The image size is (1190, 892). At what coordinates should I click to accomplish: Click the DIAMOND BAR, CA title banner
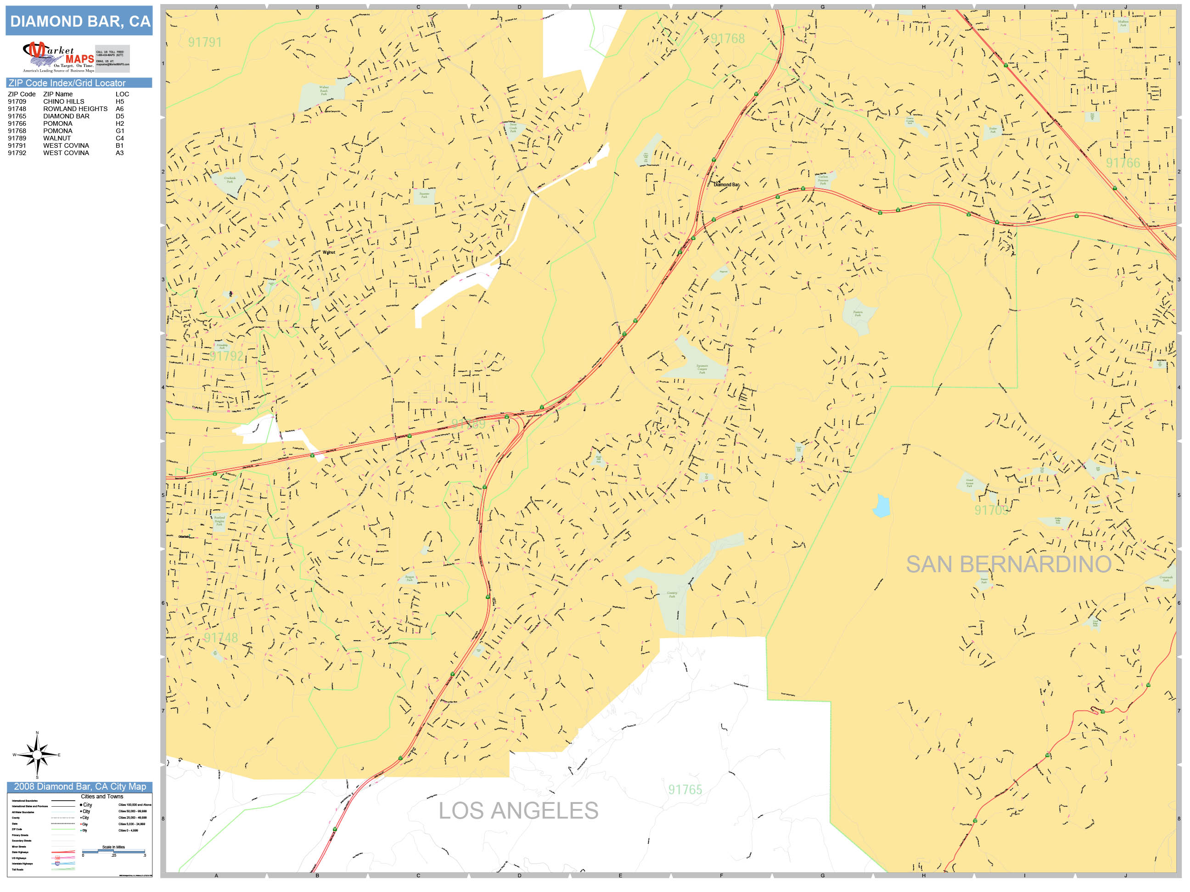pyautogui.click(x=79, y=21)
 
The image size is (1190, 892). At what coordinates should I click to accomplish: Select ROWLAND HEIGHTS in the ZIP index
pyautogui.click(x=75, y=109)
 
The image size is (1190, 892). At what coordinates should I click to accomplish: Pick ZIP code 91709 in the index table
pyautogui.click(x=17, y=101)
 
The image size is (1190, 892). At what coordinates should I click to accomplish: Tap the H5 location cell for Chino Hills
pyautogui.click(x=119, y=101)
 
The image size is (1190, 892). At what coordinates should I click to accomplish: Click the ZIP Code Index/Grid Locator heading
pyautogui.click(x=67, y=83)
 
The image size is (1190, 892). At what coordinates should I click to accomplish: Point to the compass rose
pyautogui.click(x=37, y=755)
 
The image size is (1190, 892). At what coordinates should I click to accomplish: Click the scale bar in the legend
pyautogui.click(x=113, y=851)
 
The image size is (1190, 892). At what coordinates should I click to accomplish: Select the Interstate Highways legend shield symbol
pyautogui.click(x=57, y=864)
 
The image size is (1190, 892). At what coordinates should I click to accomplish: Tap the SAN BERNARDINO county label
pyautogui.click(x=1008, y=564)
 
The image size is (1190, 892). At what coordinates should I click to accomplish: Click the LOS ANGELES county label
pyautogui.click(x=518, y=811)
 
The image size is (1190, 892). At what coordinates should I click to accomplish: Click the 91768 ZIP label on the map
pyautogui.click(x=727, y=39)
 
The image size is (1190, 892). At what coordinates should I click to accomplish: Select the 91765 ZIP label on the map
pyautogui.click(x=685, y=789)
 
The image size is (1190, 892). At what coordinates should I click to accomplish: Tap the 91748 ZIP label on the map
pyautogui.click(x=220, y=638)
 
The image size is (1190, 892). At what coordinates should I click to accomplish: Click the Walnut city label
pyautogui.click(x=329, y=252)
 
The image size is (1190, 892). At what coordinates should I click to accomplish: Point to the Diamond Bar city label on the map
pyautogui.click(x=726, y=184)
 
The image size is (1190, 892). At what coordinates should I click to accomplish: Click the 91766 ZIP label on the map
pyautogui.click(x=1123, y=163)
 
